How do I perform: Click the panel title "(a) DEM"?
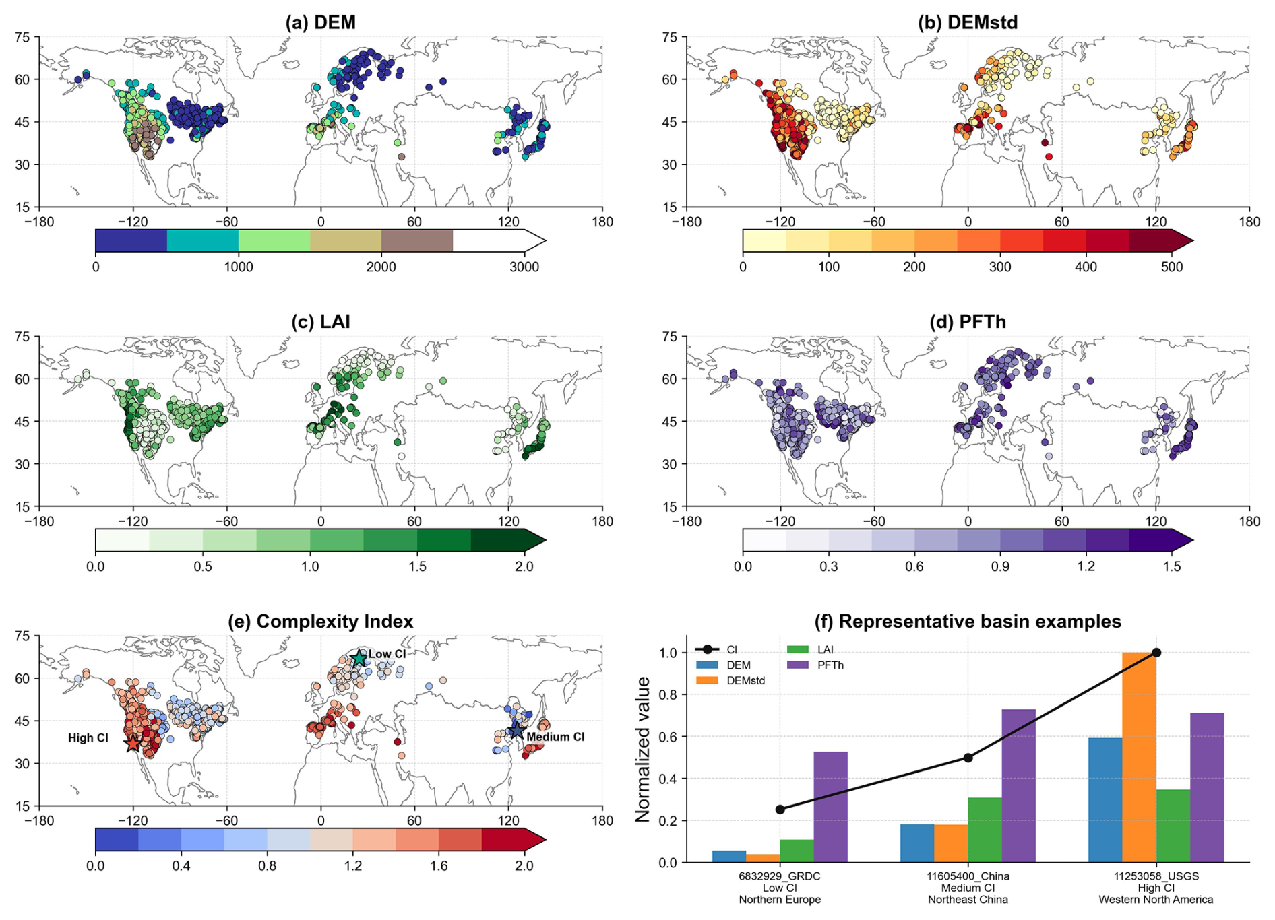(x=320, y=22)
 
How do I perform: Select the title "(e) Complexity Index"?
(x=320, y=621)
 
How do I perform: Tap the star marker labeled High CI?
(x=133, y=744)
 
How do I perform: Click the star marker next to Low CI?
(x=359, y=658)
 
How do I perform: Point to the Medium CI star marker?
(x=516, y=730)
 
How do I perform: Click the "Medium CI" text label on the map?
(x=555, y=737)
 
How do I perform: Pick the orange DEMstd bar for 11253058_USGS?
(x=1139, y=757)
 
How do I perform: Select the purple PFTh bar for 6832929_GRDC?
(x=830, y=807)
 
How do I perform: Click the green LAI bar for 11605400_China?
(x=985, y=830)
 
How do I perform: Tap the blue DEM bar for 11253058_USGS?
(x=1105, y=800)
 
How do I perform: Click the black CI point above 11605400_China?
(x=968, y=758)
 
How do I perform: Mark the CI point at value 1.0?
(x=1156, y=652)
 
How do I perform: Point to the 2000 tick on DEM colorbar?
(x=381, y=267)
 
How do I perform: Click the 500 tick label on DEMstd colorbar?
(x=1172, y=267)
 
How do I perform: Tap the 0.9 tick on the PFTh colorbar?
(x=1000, y=566)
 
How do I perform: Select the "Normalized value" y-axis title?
(x=643, y=749)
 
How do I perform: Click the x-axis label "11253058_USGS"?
(x=1156, y=876)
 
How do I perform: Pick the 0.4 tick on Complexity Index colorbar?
(x=181, y=866)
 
